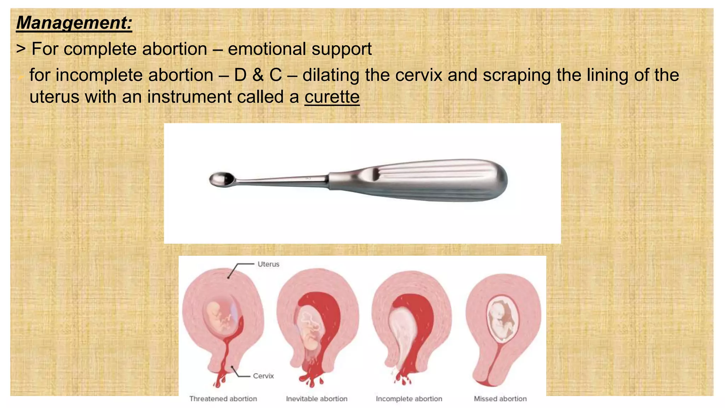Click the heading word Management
pos(74,23)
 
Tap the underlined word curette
pos(332,97)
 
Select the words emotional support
pos(299,49)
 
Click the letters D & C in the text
pos(258,75)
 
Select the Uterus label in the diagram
pos(268,264)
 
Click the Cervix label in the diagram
pos(263,376)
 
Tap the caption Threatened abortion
pos(223,399)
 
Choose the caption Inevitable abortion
pos(316,399)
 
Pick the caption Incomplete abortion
pos(409,399)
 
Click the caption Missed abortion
pos(500,399)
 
